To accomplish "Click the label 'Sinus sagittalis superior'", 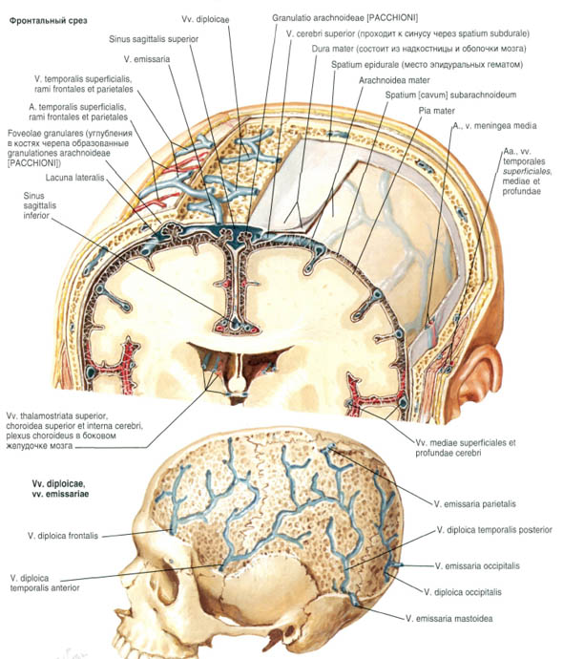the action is tap(154, 39).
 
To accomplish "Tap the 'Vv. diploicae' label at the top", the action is tap(205, 20).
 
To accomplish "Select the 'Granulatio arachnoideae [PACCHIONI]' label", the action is tap(344, 17).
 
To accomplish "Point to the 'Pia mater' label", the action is tap(437, 111).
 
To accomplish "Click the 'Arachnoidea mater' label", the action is tap(394, 80).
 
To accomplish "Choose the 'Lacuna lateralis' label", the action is tap(74, 178).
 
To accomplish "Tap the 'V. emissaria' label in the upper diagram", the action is tap(147, 59).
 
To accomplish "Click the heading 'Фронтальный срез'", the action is tap(49, 21).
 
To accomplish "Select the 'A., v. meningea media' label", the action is tap(494, 125).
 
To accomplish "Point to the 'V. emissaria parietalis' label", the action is tap(475, 503).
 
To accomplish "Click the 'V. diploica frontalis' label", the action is tap(63, 536).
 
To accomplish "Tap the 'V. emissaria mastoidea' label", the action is tap(449, 618).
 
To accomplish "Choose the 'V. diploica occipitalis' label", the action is tap(463, 592).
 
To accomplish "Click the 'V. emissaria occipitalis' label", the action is tap(477, 566).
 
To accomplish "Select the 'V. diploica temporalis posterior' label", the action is tap(494, 530).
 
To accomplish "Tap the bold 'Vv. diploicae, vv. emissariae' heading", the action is tap(60, 489).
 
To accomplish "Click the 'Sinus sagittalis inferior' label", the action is tap(39, 205).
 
